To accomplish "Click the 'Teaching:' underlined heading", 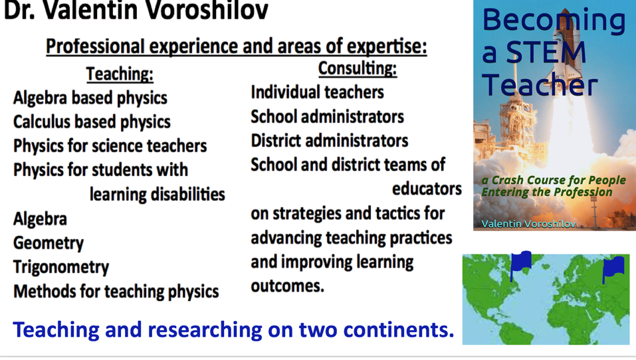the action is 120,74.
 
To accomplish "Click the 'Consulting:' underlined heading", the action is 358,68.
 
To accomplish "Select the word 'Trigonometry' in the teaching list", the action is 61,268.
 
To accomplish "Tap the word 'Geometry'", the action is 49,243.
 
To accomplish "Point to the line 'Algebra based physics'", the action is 90,98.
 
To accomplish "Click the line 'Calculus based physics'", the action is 92,122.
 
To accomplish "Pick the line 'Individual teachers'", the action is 317,92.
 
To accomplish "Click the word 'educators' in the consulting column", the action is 427,189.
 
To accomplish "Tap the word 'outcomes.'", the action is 288,286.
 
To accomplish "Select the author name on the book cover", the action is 528,224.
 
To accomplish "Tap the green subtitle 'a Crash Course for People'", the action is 554,180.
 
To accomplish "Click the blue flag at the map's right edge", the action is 613,268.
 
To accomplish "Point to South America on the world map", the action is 515,328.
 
